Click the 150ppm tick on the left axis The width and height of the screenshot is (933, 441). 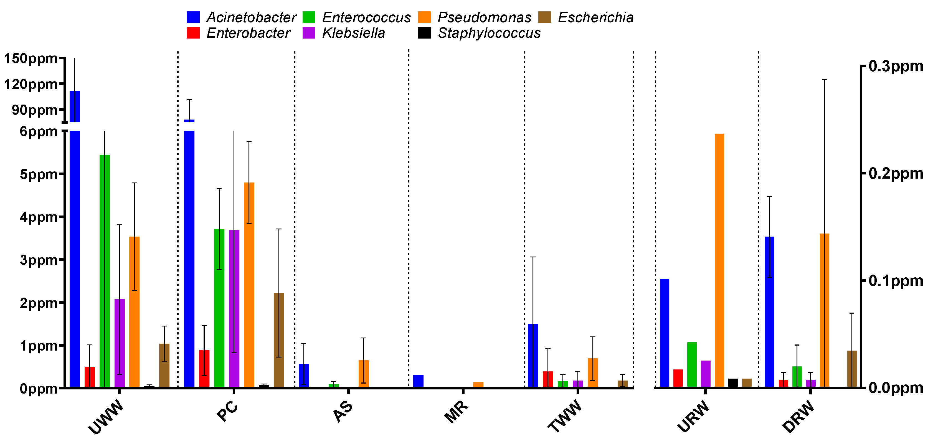pyautogui.click(x=31, y=58)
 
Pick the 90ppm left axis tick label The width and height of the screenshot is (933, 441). pyautogui.click(x=34, y=110)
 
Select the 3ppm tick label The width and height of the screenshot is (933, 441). pyautogui.click(x=38, y=260)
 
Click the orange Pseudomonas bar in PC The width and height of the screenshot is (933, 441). pyautogui.click(x=249, y=285)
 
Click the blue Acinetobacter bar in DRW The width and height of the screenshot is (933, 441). pyautogui.click(x=770, y=311)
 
